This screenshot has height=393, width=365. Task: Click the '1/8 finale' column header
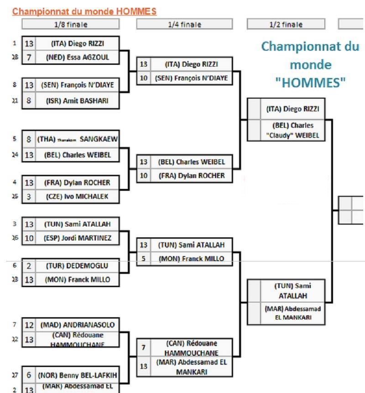70,25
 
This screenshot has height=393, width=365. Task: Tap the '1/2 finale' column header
286,25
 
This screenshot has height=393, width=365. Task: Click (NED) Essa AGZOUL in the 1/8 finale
77,58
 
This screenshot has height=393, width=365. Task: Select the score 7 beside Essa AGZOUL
29,58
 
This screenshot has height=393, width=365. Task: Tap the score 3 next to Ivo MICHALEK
29,197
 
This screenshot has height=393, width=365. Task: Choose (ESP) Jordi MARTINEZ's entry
77,238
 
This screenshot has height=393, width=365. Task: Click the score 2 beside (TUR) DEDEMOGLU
29,265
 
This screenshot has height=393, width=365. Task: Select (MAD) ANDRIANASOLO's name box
77,325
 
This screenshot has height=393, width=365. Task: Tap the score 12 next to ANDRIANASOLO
29,325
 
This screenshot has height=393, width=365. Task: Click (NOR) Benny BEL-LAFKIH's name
77,375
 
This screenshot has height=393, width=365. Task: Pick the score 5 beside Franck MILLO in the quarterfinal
143,259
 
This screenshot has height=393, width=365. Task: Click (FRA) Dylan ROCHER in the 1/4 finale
191,175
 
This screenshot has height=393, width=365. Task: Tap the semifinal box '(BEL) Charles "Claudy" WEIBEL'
292,130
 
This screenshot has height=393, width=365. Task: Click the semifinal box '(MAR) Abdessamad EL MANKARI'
292,313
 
